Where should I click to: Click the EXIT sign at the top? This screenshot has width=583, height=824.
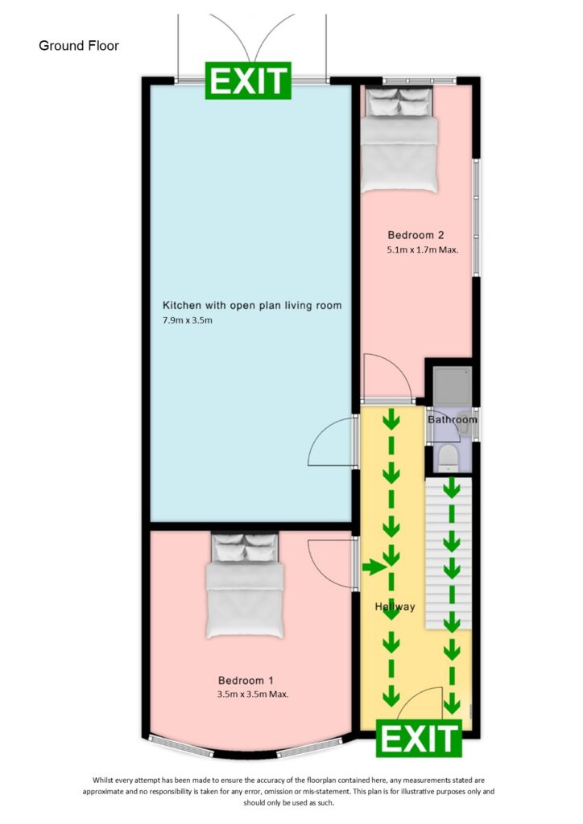249,81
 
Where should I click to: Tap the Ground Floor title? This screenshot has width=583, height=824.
79,46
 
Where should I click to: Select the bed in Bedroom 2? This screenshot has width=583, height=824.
399,140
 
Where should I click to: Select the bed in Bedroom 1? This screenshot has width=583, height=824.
245,584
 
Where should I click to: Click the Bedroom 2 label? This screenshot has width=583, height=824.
416,236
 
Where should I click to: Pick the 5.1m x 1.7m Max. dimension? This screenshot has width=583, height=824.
422,250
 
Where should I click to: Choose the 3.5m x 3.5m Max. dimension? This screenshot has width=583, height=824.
252,694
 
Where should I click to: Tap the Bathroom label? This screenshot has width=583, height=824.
452,419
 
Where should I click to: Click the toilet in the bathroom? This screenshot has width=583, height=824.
449,457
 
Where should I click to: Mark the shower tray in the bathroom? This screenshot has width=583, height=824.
451,389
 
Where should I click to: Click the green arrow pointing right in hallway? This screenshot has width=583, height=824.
373,568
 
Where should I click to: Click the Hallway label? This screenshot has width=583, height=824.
395,606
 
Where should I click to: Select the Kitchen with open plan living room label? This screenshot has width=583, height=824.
252,306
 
